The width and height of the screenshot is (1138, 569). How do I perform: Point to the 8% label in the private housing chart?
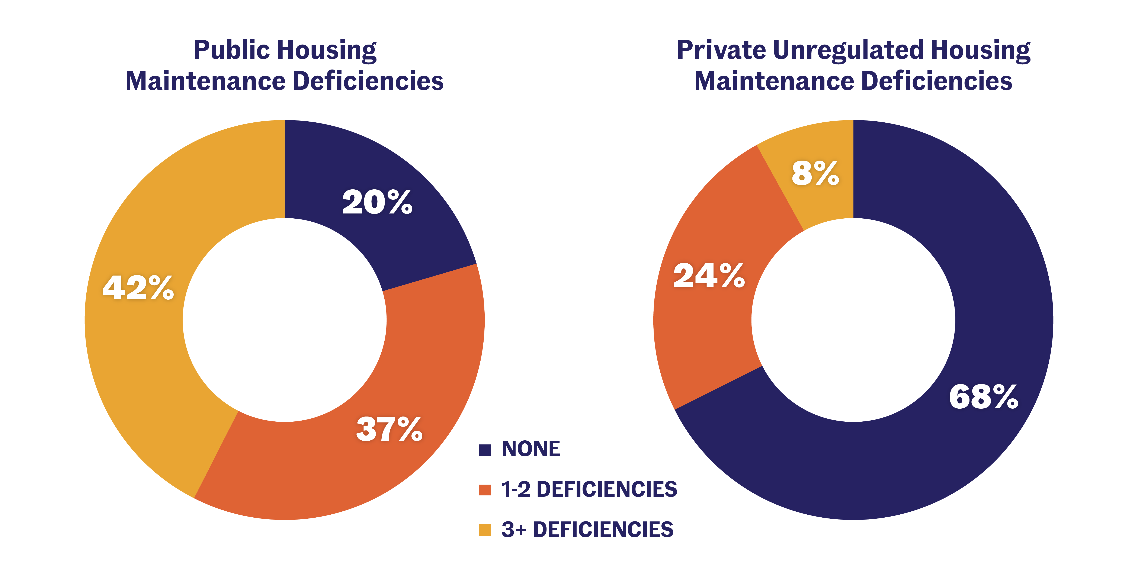(x=815, y=173)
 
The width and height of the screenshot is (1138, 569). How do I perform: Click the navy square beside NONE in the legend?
(x=485, y=450)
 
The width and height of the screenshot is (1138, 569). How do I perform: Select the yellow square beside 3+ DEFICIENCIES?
(x=485, y=530)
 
